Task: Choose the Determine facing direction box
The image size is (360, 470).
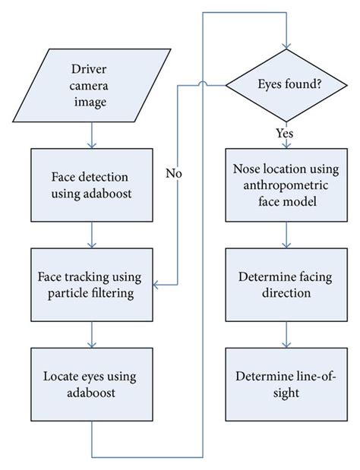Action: [286, 284]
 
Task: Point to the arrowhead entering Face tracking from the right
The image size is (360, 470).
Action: [156, 284]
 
